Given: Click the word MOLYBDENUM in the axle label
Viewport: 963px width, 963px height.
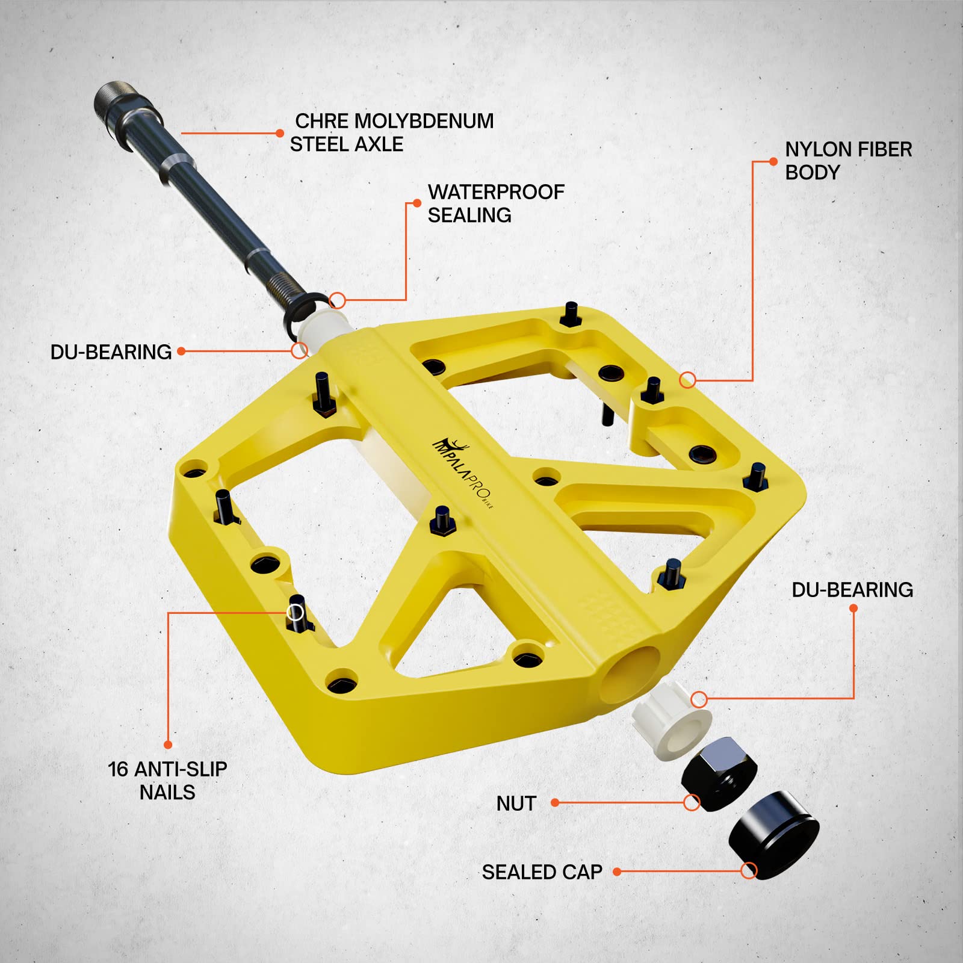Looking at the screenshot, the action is coord(424,121).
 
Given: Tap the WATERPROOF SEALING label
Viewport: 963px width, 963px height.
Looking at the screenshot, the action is coord(496,203).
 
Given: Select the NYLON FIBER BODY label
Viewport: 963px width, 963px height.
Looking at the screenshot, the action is coord(849,161).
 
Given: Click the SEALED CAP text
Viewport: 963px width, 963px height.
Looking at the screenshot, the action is coord(542,872).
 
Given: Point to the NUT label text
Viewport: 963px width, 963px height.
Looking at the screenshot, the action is coord(516,804).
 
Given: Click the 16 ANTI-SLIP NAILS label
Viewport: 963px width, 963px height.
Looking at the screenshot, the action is coord(167,781).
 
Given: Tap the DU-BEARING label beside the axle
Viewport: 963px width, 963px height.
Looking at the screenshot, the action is coord(111,352).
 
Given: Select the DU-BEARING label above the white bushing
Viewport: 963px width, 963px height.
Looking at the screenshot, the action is coord(852,590).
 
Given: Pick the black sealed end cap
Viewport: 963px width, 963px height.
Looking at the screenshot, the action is coord(774,835).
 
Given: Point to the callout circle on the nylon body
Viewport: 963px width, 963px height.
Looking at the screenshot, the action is coord(688,380).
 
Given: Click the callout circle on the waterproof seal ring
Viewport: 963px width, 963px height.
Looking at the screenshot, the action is coord(338,300).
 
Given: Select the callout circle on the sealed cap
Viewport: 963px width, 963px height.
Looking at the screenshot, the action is coord(749,870).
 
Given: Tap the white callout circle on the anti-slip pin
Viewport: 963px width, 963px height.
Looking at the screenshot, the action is coord(295,613).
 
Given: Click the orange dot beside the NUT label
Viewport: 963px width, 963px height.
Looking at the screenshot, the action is coord(555,803).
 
